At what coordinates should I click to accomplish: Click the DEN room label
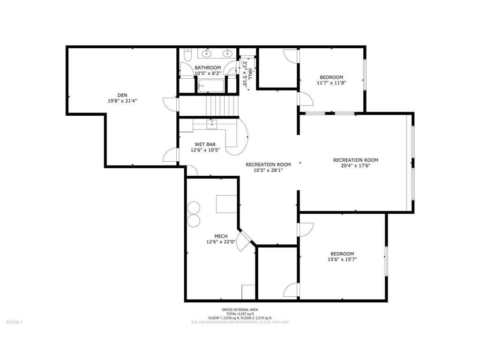click(122, 95)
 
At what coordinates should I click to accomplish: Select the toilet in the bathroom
click(187, 56)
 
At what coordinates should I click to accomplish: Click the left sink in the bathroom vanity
click(208, 53)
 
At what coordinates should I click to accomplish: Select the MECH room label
click(221, 236)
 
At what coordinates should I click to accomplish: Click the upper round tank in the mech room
click(193, 209)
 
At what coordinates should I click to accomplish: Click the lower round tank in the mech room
click(193, 220)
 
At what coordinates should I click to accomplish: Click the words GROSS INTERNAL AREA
click(240, 309)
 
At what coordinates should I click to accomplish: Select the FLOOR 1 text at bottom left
click(14, 322)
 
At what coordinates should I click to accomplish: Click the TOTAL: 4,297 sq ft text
click(240, 314)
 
